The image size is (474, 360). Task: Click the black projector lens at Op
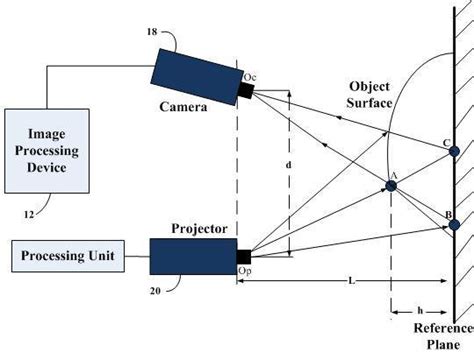pos(242,255)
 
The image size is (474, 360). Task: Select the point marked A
pos(392,185)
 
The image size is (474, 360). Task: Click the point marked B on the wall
pos(453,225)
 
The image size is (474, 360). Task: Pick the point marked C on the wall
pos(453,152)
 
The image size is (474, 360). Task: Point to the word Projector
pos(178,226)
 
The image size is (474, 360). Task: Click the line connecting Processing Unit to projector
pos(138,257)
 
